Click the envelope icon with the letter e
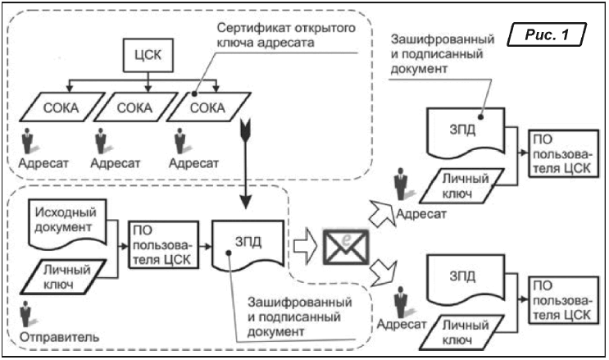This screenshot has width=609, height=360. pos(343,243)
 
